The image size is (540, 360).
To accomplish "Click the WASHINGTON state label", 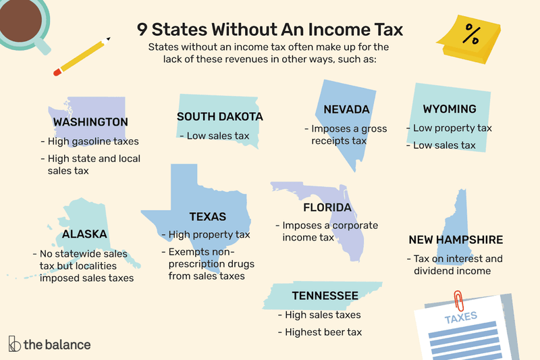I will coord(90,122).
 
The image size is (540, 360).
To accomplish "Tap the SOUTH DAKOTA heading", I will coord(220,117).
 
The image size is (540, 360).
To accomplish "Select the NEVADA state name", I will coord(346,109).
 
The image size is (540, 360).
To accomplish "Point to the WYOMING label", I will coord(450,109).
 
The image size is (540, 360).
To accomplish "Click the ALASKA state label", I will coord(84,234).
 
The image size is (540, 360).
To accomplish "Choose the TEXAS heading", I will coord(207,217).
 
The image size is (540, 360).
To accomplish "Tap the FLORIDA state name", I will coord(327,207).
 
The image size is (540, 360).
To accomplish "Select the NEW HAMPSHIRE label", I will coord(456,240).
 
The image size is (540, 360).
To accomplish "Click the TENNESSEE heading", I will coord(325,296).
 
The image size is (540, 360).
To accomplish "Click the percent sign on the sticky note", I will coord(472,35).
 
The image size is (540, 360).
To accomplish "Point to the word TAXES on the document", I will coord(460,316).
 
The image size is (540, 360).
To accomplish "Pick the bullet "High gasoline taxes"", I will coord(89,141).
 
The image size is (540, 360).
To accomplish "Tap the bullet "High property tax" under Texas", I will coord(205,235).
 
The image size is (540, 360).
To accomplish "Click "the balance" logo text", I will coord(57,344).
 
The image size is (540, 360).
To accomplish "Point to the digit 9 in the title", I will coord(142,30).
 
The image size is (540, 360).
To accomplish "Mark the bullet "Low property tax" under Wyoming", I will coord(449,128).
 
